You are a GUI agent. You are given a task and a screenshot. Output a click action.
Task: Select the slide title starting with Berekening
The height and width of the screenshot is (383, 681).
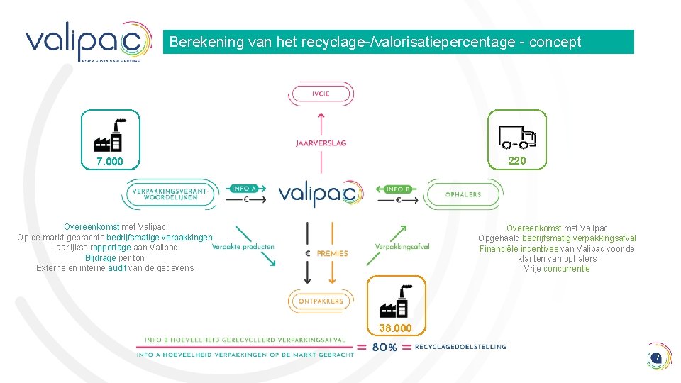tap(375, 42)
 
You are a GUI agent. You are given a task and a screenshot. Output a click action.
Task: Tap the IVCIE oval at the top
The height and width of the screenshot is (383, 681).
tap(321, 94)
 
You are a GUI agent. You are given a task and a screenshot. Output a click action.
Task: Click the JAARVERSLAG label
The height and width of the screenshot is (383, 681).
tap(321, 143)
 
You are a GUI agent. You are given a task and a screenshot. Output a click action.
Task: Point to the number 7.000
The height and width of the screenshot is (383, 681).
tap(110, 162)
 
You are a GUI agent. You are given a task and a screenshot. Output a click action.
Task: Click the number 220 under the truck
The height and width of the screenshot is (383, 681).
tap(517, 161)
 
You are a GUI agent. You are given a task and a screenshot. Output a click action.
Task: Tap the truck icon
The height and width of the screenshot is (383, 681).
tap(517, 135)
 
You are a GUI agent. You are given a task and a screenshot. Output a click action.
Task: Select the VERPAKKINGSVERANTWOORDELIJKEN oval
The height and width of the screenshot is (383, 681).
tap(169, 193)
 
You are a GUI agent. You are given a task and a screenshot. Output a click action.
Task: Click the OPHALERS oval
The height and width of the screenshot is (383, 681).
tap(463, 194)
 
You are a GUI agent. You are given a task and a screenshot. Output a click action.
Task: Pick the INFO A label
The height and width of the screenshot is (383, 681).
tap(245, 189)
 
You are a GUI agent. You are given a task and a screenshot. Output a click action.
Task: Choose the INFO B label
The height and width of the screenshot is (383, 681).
tap(399, 189)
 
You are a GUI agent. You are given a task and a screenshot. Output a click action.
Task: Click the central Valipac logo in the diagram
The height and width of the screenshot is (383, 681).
tap(321, 193)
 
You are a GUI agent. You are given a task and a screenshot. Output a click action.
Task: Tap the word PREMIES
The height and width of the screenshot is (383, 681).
tap(332, 253)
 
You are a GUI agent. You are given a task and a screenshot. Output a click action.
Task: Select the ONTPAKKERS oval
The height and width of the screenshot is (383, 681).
tap(321, 301)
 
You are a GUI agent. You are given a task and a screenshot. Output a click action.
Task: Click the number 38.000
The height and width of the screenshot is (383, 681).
tap(395, 328)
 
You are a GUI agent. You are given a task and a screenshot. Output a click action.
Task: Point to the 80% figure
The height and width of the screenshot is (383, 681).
tap(384, 348)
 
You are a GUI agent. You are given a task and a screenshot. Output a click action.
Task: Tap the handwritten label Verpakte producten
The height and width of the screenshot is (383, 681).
tap(243, 246)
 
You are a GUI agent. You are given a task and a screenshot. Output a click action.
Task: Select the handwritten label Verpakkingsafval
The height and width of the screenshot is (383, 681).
tap(402, 246)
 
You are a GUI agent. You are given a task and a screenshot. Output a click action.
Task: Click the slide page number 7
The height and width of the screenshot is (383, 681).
tap(658, 357)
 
